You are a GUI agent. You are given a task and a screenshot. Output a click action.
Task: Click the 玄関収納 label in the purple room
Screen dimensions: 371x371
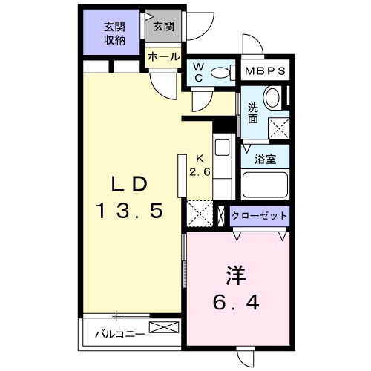114,33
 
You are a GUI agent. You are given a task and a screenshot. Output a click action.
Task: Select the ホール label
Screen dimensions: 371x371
162,56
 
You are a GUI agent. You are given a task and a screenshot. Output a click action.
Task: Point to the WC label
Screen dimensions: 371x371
198,73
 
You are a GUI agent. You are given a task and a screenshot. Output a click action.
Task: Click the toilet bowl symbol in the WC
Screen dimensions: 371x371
221,72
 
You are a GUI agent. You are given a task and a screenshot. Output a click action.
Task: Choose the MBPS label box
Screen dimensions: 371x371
266,72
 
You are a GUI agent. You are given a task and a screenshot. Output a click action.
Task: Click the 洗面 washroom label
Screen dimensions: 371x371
253,112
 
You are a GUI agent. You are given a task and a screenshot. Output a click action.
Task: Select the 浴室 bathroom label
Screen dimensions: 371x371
265,158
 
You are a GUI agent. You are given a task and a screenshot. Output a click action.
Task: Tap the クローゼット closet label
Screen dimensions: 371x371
259,216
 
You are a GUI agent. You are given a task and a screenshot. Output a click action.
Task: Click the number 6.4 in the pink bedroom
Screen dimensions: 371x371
236,302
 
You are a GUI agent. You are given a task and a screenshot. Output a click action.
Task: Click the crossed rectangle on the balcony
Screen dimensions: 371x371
164,327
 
